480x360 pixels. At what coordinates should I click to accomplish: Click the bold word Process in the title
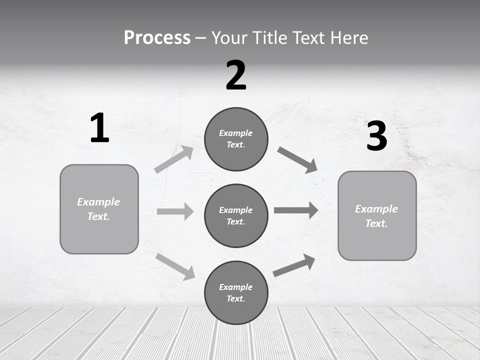[157, 38]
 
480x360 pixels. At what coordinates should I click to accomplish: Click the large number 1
[99, 128]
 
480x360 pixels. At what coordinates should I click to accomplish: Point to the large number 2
[236, 75]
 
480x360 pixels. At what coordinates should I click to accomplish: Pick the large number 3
[376, 136]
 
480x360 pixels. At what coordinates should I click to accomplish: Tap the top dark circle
[236, 139]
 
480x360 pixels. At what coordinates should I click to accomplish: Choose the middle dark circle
[236, 215]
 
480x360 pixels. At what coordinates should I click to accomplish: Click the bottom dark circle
[236, 292]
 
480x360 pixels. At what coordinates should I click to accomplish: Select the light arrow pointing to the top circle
[174, 159]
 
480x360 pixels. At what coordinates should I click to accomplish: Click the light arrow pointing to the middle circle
[175, 211]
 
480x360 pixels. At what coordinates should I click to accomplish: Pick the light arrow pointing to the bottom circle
[175, 266]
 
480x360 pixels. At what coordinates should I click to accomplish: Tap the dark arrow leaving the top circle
[297, 160]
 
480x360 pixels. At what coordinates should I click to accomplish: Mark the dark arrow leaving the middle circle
[296, 210]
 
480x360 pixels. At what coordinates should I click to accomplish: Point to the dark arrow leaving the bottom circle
[294, 265]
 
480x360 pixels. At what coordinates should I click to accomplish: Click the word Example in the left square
[98, 202]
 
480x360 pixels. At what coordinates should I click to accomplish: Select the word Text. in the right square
[376, 223]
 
